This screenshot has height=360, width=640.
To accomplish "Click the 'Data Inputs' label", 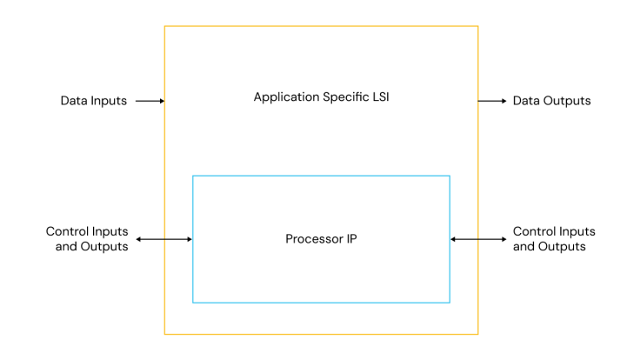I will pos(94,101).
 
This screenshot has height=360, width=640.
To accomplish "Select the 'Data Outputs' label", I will pos(551,101).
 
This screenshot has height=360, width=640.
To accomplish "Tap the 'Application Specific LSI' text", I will pos(321,97).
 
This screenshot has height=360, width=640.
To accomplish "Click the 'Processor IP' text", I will pos(321,238).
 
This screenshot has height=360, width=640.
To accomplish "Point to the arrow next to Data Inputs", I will pos(150,101).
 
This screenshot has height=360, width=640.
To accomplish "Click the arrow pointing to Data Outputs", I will pos(492,101).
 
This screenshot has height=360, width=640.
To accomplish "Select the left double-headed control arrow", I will pos(163,239).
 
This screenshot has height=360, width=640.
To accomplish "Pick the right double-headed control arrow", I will pos(478,239).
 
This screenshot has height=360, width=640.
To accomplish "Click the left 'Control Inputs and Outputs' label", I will pos(87,239).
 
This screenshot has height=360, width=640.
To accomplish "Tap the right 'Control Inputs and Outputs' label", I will pos(554,239).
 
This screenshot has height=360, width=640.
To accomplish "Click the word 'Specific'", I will pos(343,97).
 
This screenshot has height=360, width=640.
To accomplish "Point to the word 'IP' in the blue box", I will pos(350,238).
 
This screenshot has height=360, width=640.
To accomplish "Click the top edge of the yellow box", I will pos(321,26).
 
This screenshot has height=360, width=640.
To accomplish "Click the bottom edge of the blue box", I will pos(321,303).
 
